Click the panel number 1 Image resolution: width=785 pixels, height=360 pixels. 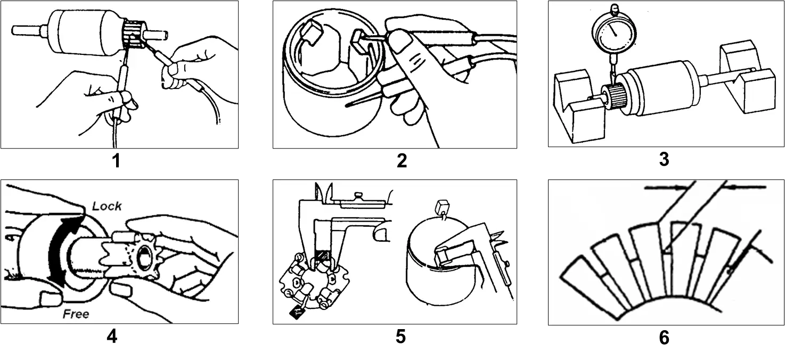[116, 161]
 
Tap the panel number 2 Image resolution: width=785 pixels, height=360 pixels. [402, 161]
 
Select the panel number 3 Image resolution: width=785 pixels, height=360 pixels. [664, 159]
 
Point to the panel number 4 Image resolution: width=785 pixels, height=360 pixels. [112, 337]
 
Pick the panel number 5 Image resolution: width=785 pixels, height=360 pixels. [400, 337]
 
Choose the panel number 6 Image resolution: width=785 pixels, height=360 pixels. [664, 338]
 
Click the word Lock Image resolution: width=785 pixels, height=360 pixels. [107, 206]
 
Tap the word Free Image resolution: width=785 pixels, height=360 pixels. [76, 314]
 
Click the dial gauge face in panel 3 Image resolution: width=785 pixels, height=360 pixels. [614, 32]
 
